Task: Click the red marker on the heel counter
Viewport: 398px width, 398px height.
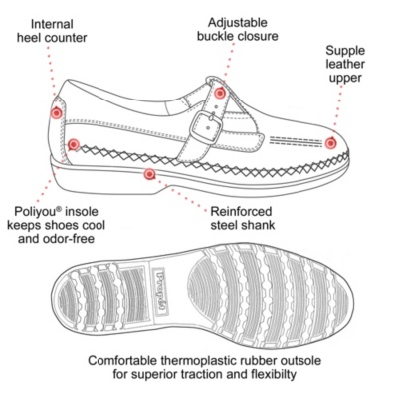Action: coord(57,113)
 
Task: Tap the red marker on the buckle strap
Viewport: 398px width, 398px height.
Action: coord(219,94)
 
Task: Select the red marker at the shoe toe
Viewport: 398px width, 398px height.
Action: coord(330,143)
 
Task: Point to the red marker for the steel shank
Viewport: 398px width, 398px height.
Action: coord(150,174)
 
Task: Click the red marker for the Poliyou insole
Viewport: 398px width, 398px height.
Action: coord(73,145)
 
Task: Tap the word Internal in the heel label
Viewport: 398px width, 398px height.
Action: coord(52,24)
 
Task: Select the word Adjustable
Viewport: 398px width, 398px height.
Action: coord(238,23)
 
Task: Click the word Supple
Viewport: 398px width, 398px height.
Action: coord(345,51)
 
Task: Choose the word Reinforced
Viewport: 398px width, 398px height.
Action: coord(241,211)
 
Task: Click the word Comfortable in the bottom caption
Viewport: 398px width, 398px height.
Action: coord(122,360)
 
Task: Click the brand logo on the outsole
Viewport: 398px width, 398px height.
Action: coord(162,292)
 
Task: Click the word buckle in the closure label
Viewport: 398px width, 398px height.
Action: coord(215,36)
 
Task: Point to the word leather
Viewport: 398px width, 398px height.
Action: coord(345,64)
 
